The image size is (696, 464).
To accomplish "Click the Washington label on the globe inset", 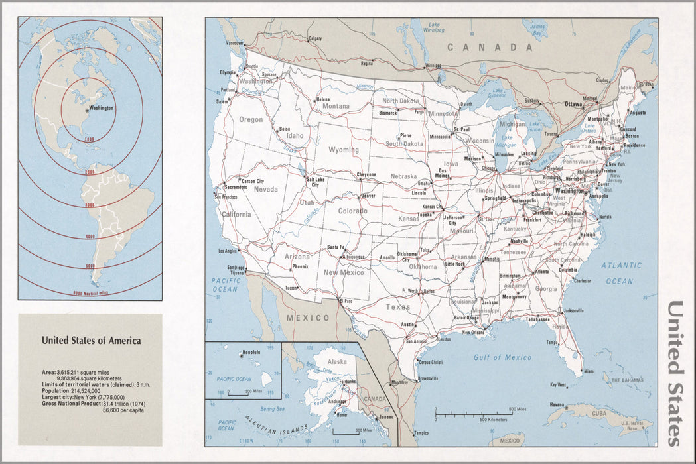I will (x=101, y=108).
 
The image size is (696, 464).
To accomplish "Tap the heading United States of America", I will (x=91, y=341).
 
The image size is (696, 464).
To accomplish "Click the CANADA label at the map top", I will (x=490, y=48).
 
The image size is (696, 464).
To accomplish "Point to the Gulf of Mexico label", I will (x=502, y=358).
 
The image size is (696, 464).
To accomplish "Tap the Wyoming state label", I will (x=344, y=150).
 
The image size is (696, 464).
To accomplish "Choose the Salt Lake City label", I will (x=316, y=182).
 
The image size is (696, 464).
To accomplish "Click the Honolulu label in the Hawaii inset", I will (x=251, y=351).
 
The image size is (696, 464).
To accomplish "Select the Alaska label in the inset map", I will (x=337, y=362).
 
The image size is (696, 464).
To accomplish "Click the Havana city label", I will (x=555, y=405).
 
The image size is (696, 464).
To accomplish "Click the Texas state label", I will (x=398, y=307).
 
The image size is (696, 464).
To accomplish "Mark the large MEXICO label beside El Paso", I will (x=308, y=318).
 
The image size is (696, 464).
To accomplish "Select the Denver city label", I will (x=368, y=196).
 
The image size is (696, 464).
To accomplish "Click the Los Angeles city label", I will (x=228, y=251).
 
